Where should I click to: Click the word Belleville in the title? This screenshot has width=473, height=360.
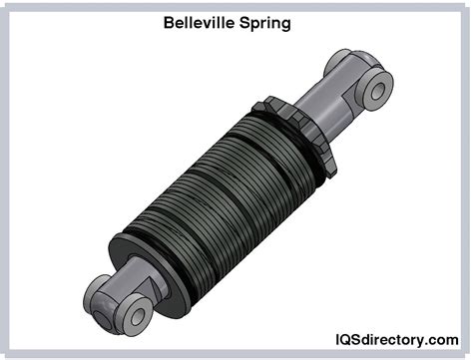tap(203, 21)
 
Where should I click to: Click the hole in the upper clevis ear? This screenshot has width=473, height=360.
tap(378, 93)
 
